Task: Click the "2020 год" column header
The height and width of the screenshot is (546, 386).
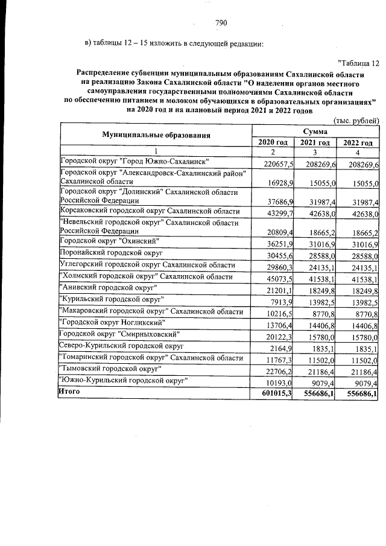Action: tap(273, 142)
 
